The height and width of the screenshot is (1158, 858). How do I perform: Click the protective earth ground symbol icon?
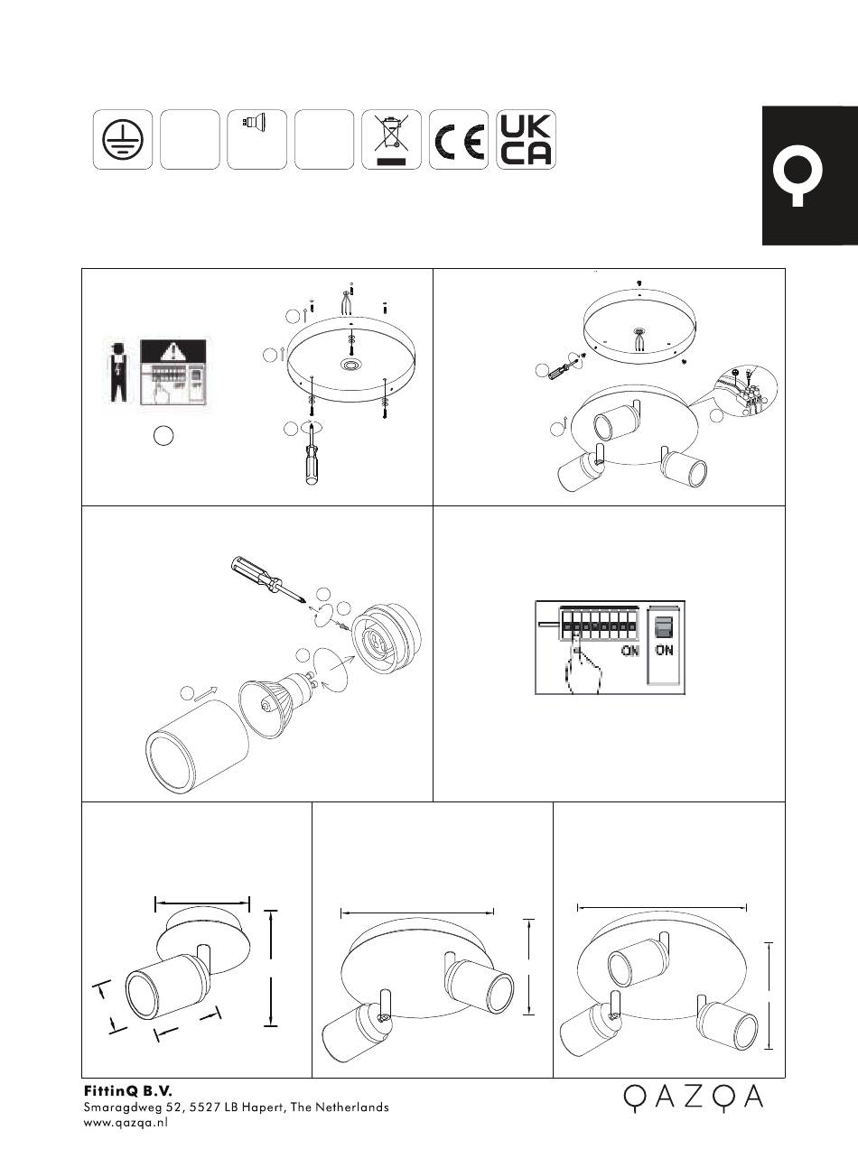pos(122,139)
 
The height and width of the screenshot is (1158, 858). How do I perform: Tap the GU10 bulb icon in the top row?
pos(254,123)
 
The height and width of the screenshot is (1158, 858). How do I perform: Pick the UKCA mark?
pos(526,139)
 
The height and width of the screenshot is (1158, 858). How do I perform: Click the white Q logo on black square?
pos(797,176)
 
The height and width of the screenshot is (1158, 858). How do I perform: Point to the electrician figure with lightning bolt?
pos(119,371)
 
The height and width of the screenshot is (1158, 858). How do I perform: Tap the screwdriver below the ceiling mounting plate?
pos(312,453)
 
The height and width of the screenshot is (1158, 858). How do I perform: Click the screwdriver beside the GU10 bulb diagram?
pos(266,578)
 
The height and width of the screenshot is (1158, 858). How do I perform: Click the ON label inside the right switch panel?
pos(664,650)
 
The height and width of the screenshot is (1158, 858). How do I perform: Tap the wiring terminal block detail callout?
pos(746,391)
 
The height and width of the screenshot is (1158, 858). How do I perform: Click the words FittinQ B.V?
pos(128,1090)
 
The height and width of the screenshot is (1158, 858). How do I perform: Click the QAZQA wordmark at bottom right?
pos(694,1098)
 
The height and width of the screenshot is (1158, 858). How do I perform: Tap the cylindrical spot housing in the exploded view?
pos(197,746)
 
